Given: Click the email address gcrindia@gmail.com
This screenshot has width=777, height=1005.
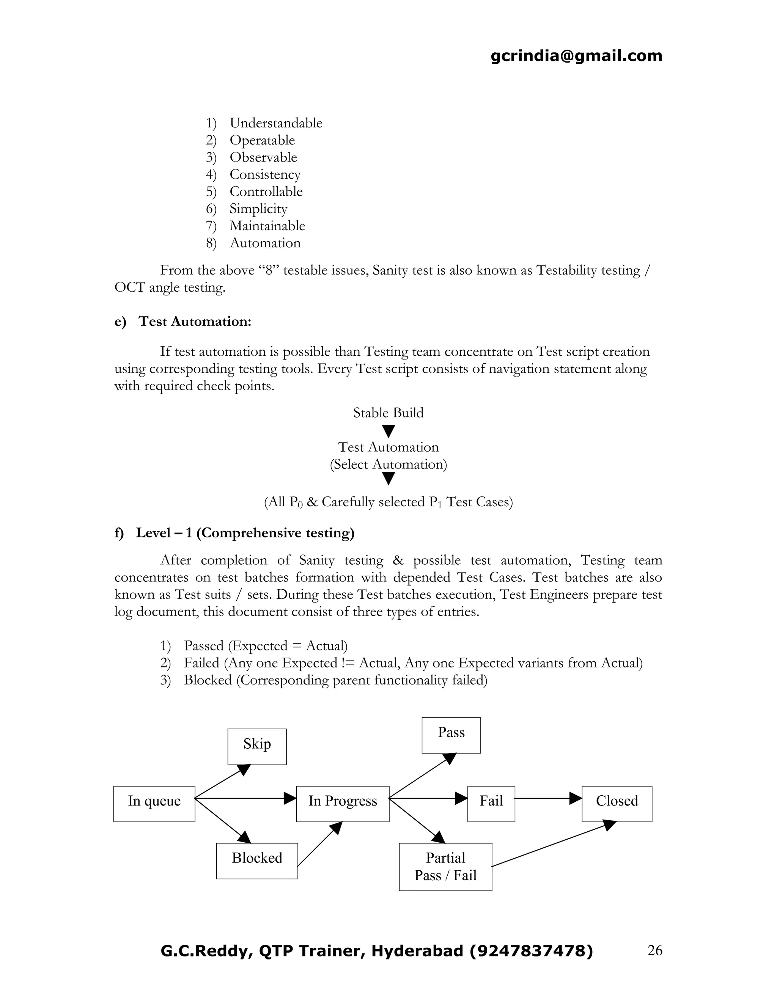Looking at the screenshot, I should pyautogui.click(x=576, y=56).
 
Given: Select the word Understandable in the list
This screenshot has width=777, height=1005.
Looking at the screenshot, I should pyautogui.click(x=276, y=123).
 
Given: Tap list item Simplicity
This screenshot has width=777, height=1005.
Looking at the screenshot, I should pyautogui.click(x=258, y=209).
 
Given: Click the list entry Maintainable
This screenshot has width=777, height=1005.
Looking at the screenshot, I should pyautogui.click(x=267, y=226).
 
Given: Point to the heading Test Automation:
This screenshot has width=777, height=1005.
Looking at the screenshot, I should pyautogui.click(x=195, y=321).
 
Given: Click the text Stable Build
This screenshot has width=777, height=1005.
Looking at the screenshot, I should pyautogui.click(x=388, y=412).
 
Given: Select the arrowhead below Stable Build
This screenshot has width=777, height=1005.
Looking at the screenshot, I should pyautogui.click(x=388, y=431).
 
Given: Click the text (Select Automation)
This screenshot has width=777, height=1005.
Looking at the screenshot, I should pyautogui.click(x=388, y=464).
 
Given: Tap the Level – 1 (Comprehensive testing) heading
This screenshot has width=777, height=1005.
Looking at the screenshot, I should pyautogui.click(x=245, y=532).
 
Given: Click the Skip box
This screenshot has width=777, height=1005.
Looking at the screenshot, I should pyautogui.click(x=257, y=746).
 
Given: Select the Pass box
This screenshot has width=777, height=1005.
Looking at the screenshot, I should pyautogui.click(x=451, y=735).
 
